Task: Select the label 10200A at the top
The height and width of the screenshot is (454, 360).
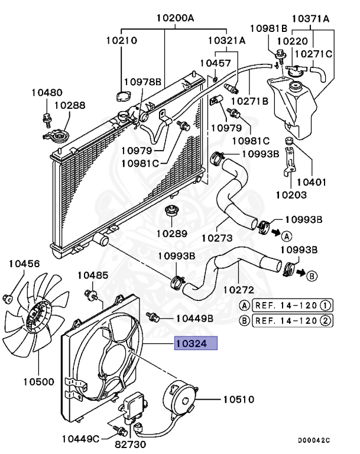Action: point(175,18)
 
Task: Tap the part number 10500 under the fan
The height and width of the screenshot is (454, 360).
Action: point(38,381)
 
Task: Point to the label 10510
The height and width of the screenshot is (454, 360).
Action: point(238,400)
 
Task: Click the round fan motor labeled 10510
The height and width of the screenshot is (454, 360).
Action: point(180,398)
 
